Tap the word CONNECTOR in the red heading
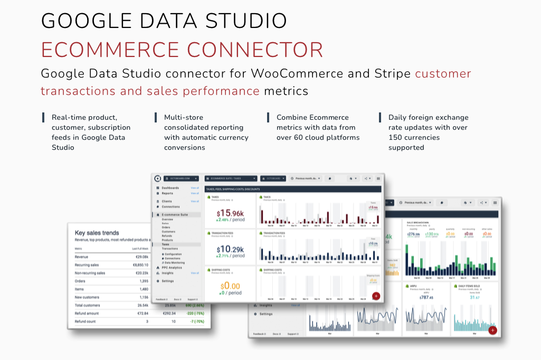tap(255, 50)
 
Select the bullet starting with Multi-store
tap(206, 132)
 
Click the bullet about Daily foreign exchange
tap(428, 132)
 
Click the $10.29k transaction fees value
tap(231, 249)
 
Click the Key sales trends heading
tap(97, 232)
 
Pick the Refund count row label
tap(86, 321)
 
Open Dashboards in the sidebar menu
tap(170, 188)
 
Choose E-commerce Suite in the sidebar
tap(175, 215)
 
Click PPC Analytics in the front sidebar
tap(172, 268)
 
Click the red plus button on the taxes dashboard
tap(376, 296)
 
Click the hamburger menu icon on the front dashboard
tap(378, 178)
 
